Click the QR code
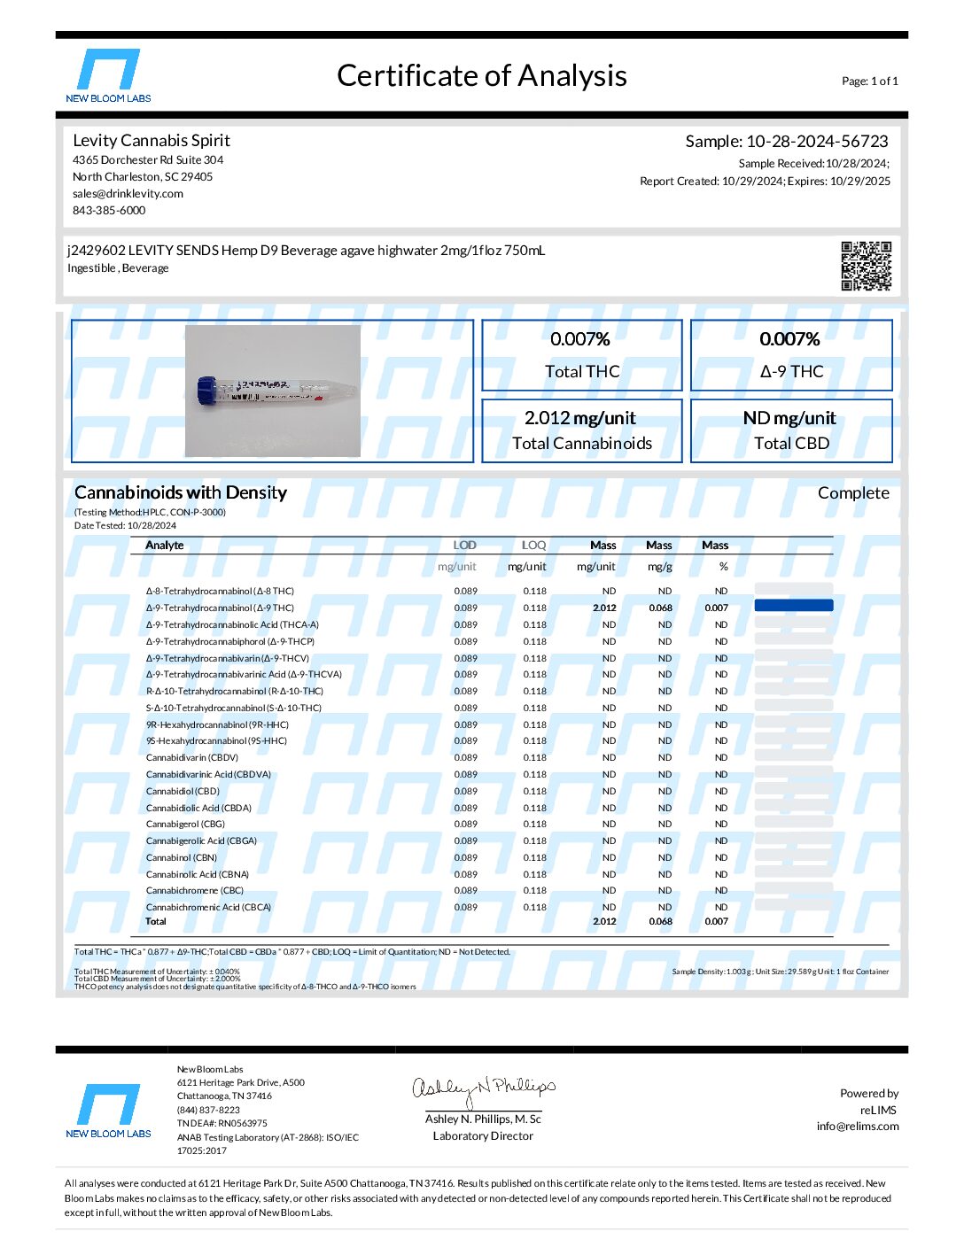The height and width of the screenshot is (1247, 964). point(866,266)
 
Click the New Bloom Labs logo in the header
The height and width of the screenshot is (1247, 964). point(108,75)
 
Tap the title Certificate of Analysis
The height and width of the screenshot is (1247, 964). point(481,76)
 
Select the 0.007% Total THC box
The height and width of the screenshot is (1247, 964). point(581,355)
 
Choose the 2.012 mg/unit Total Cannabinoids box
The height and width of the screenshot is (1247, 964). point(581,430)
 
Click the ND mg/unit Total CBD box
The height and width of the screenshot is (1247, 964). point(790,430)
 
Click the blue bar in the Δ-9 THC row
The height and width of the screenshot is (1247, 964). point(793,606)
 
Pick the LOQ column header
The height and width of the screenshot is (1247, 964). point(533,546)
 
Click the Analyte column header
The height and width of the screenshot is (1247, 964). point(165,546)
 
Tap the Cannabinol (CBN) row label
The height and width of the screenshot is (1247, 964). point(182,857)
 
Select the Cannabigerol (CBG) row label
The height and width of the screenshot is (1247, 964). point(185,824)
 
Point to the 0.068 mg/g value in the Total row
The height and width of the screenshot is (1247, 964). point(660,921)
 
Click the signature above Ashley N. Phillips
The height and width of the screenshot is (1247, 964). point(483,1089)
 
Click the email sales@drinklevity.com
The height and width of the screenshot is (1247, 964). point(128,194)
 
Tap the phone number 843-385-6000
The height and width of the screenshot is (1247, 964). point(109,211)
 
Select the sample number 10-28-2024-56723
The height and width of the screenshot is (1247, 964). point(816,142)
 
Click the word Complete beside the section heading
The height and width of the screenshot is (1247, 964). point(852,493)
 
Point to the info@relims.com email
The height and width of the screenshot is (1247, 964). point(857,1127)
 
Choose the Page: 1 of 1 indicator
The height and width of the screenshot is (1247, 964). point(869,81)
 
